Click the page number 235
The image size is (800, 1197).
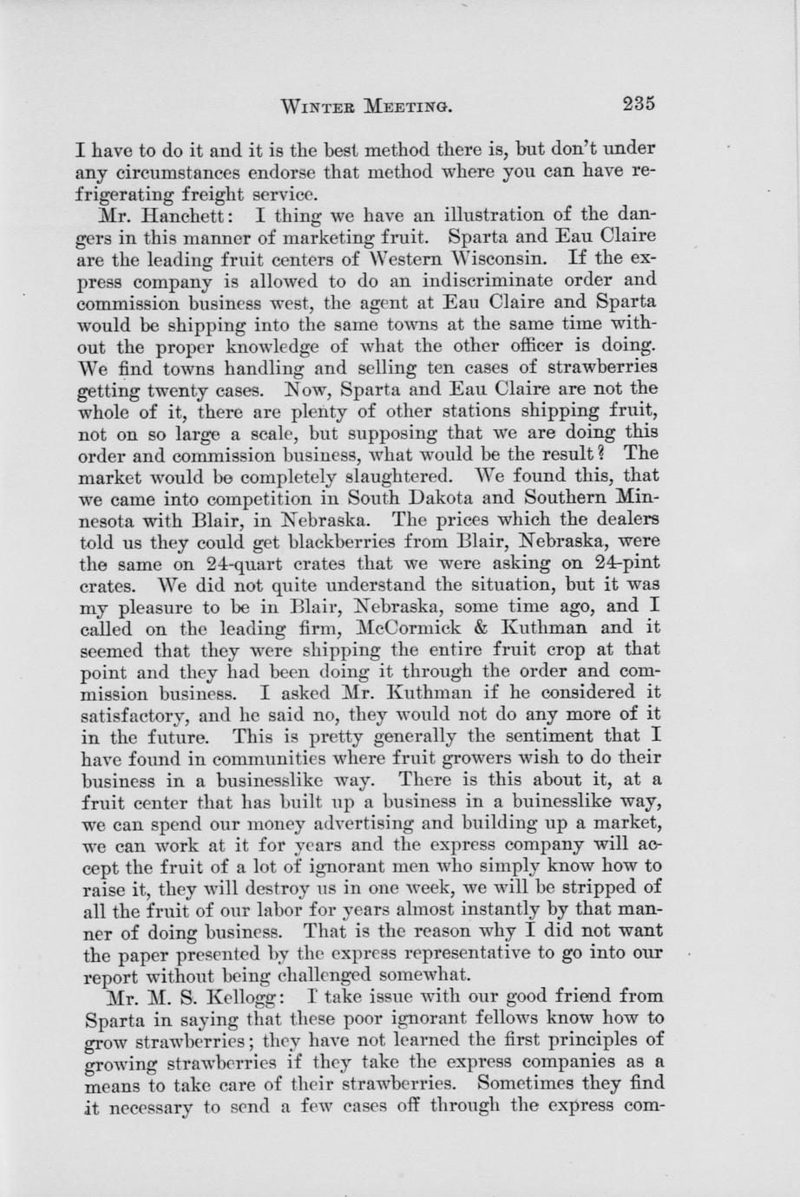tap(638, 104)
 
